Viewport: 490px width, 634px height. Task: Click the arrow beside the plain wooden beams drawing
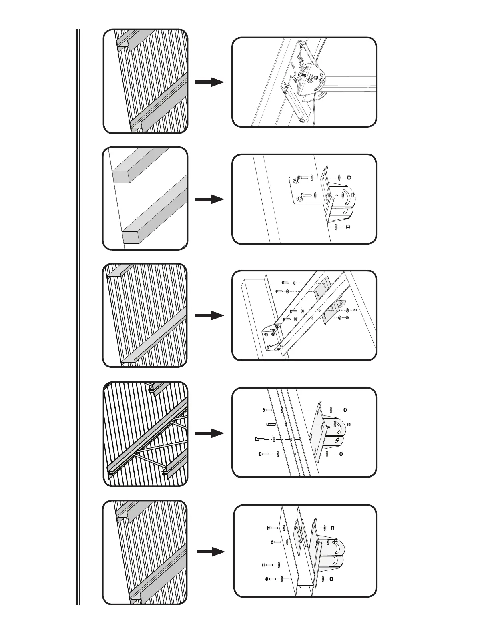coord(209,199)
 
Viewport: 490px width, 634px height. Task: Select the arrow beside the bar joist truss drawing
coord(209,433)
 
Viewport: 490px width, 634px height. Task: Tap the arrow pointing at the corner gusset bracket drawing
coord(209,316)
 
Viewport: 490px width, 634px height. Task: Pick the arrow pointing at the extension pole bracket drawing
coord(209,82)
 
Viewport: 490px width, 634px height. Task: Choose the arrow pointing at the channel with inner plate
coord(211,552)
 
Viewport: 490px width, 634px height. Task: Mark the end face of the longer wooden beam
coord(131,237)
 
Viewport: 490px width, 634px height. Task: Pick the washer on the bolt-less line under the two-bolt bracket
coord(337,227)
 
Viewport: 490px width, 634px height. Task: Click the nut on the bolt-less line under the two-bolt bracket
coord(348,227)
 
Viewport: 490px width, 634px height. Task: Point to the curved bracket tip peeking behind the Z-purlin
coord(341,306)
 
